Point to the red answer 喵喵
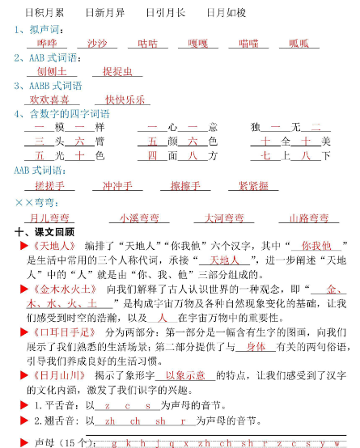(x=248, y=43)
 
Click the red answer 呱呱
(x=299, y=43)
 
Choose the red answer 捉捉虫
(x=106, y=71)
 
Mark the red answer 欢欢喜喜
(x=49, y=99)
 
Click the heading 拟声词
(x=39, y=29)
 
